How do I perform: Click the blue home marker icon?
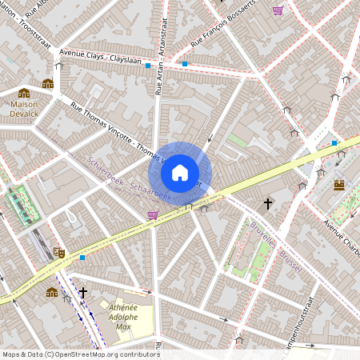(180, 172)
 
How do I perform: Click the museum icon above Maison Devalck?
(24, 93)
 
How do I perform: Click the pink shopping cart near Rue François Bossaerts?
(278, 10)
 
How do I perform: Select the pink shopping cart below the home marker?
(153, 214)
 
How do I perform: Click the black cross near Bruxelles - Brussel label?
(268, 205)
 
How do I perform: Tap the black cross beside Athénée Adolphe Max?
(82, 293)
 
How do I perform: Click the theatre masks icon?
(58, 253)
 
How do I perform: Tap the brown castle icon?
(339, 184)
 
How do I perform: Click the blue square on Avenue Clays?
(148, 66)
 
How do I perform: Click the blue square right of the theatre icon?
(82, 258)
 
